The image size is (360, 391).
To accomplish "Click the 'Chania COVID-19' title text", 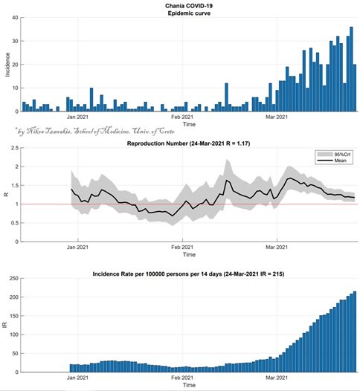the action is (189, 6).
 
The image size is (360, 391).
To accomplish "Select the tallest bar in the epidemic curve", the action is (351, 69).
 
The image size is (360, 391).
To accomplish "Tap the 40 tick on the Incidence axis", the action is (15, 17).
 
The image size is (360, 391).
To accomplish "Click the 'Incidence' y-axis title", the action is (7, 65).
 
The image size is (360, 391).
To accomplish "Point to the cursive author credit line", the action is (94, 131).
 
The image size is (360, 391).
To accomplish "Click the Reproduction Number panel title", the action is (189, 143).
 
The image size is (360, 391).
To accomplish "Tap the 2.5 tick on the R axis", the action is (15, 148).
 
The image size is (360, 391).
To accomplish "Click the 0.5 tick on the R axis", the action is (15, 223).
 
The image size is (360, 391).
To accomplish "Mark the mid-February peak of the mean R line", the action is (227, 180).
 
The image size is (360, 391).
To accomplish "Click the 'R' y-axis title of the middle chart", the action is (7, 195).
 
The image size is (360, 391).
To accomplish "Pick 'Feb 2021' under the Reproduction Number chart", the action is (182, 247).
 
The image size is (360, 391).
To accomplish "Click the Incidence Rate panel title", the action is (188, 274).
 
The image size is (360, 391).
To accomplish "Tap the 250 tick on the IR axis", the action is (14, 278).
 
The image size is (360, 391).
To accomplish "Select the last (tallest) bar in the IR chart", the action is (355, 332).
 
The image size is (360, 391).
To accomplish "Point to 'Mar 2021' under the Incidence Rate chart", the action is (277, 378).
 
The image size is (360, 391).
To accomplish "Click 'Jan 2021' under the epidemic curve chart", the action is (77, 117).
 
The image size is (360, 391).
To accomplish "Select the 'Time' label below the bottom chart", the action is (189, 385).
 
